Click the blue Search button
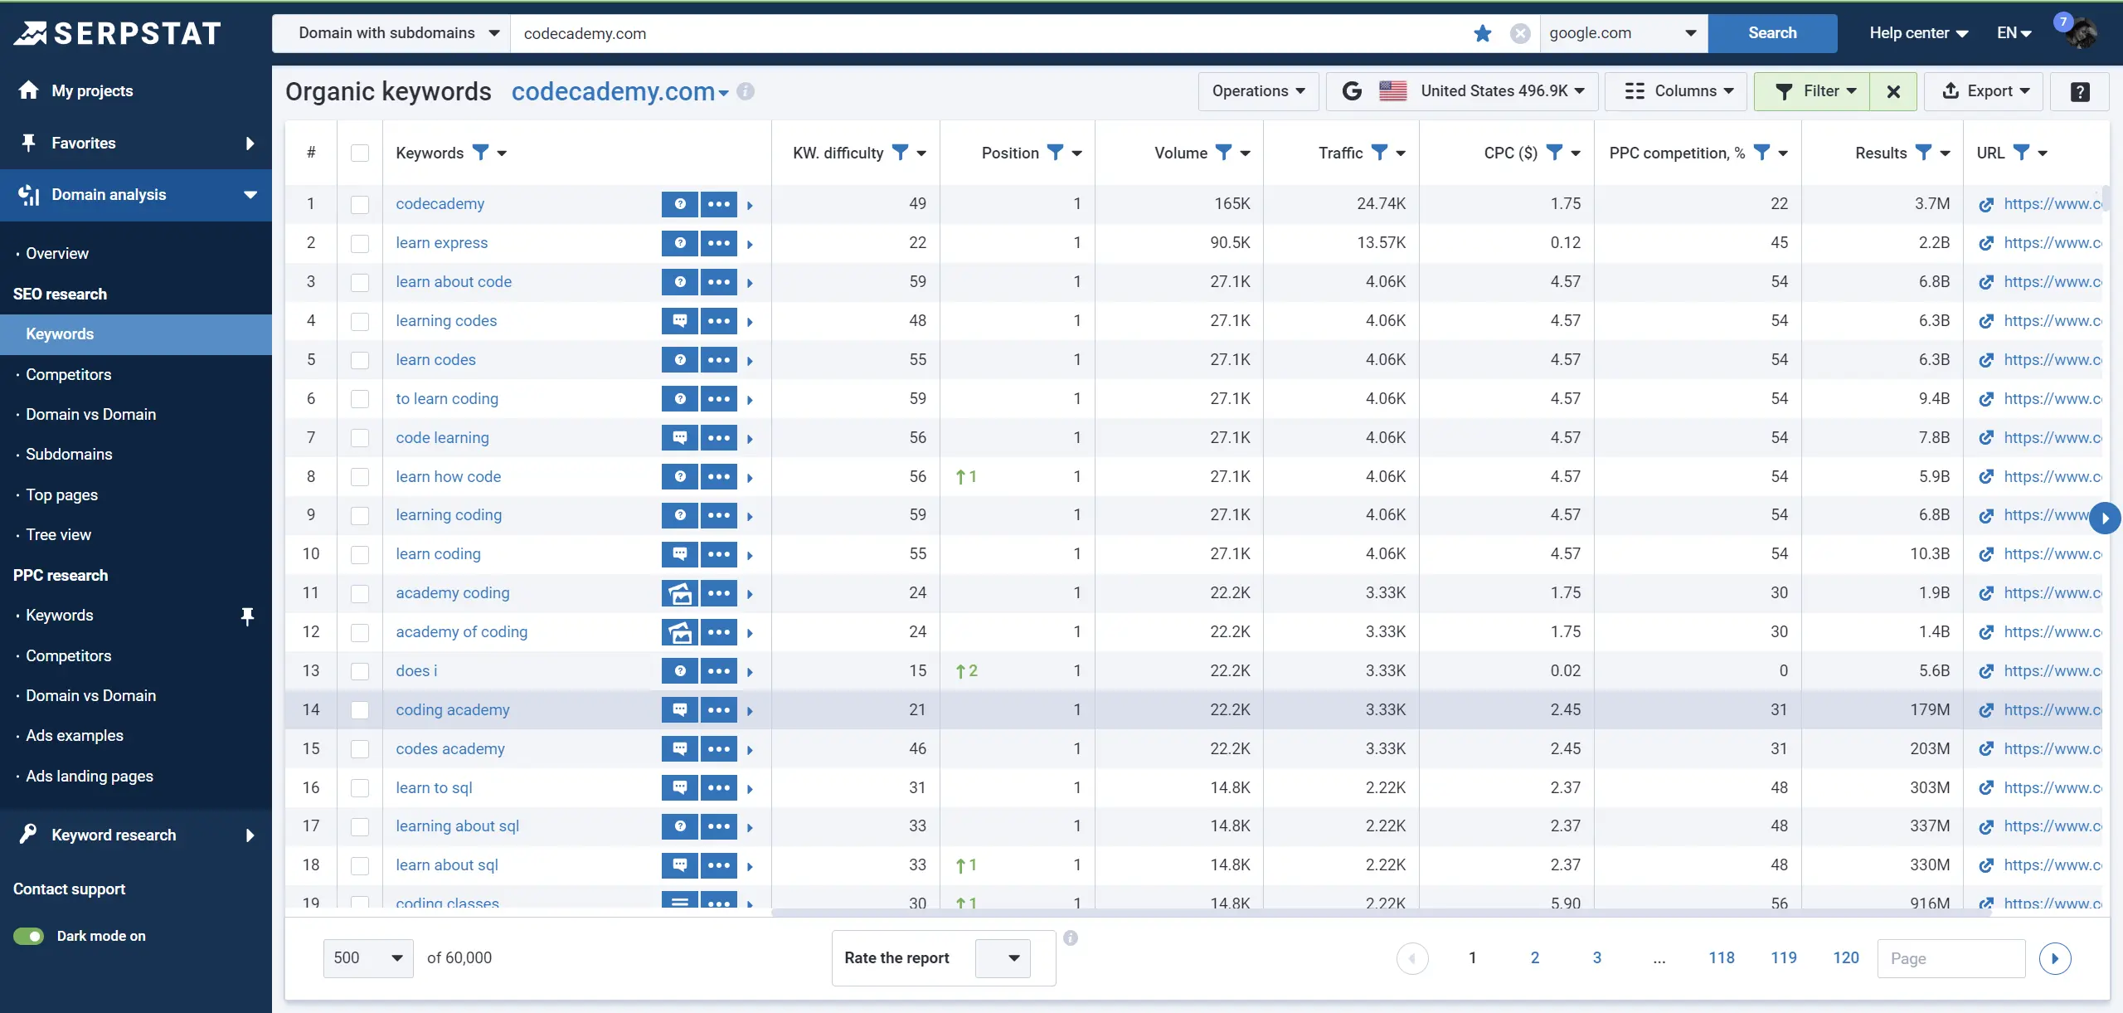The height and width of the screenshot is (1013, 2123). click(1771, 33)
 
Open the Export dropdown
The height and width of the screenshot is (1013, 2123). click(1985, 91)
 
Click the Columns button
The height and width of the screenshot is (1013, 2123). click(1677, 91)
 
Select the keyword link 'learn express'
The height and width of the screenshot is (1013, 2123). click(441, 243)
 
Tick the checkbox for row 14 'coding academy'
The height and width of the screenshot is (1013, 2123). click(360, 710)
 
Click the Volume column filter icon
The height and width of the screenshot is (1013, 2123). click(1223, 153)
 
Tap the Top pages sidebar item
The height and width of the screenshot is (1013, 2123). click(61, 495)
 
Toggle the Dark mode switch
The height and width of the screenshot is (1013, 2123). click(29, 936)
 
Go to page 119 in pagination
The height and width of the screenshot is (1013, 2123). click(1783, 958)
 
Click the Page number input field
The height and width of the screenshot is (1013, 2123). click(1951, 959)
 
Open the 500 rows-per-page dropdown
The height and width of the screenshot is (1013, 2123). click(367, 958)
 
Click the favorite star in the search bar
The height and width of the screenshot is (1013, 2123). click(1483, 34)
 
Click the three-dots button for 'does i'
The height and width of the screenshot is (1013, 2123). click(718, 671)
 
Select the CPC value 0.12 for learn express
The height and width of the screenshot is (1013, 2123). click(1565, 243)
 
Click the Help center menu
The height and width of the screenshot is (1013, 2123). click(1917, 33)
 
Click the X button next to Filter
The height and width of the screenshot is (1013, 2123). click(1893, 91)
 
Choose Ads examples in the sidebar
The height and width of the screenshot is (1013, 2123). click(74, 736)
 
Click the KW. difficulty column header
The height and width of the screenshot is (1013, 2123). click(838, 153)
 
